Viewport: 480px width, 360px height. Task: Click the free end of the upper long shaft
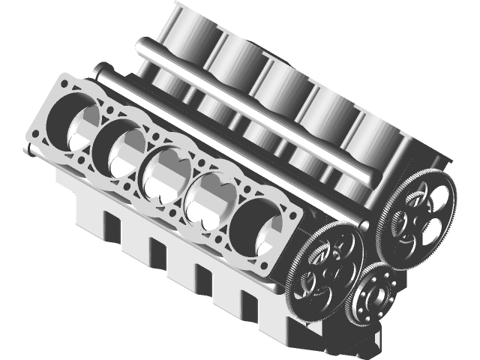[x=142, y=47]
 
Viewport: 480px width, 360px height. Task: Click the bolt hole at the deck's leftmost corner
[x=36, y=136]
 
